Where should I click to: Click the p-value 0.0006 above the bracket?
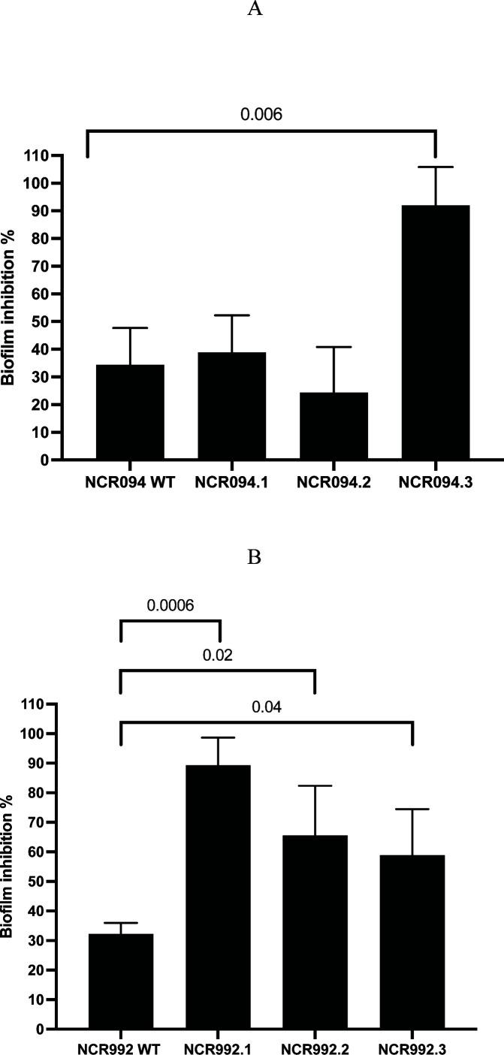pos(170,605)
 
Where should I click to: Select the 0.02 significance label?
pos(217,654)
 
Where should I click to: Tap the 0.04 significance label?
pos(266,707)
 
